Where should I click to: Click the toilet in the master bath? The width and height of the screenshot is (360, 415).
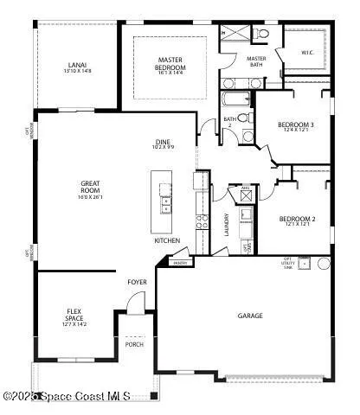pos(262,34)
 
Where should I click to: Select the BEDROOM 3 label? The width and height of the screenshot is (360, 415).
pos(295,128)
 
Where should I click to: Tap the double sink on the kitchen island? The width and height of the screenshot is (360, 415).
pos(166,204)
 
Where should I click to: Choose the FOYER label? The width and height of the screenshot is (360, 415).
pos(137,281)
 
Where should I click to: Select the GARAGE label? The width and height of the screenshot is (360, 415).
pos(251,316)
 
